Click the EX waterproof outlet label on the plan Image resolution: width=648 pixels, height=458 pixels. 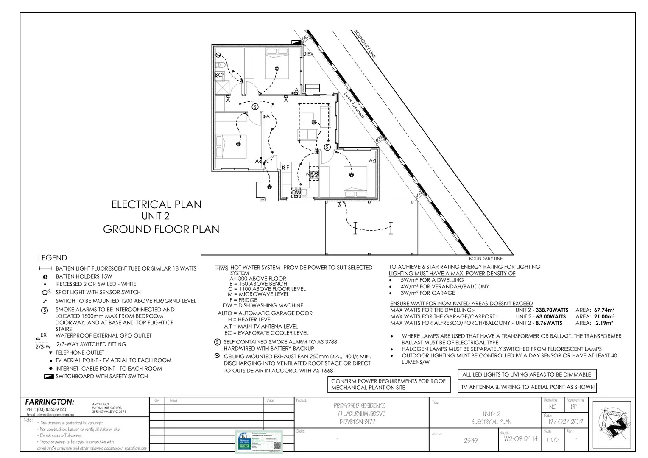(x=310, y=54)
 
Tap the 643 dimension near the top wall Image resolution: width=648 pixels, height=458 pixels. (x=304, y=39)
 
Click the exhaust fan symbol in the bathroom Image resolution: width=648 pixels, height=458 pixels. (x=218, y=55)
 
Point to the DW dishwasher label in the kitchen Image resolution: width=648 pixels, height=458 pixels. (x=297, y=193)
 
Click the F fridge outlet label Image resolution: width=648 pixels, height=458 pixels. (x=287, y=168)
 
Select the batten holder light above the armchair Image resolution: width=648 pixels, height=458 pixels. (x=314, y=122)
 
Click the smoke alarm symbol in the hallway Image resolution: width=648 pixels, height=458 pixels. (x=255, y=107)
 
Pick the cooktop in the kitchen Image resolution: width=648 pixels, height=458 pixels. (x=314, y=173)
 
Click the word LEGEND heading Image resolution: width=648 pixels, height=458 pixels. (x=52, y=258)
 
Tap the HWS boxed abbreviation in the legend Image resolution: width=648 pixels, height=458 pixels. (x=221, y=268)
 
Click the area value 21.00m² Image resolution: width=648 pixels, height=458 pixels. (x=604, y=316)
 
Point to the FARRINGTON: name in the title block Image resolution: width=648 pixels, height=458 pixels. (x=49, y=402)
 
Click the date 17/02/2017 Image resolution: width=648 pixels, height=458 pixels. (x=565, y=422)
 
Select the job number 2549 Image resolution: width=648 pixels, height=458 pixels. (x=470, y=441)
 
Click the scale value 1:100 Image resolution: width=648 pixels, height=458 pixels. (x=552, y=440)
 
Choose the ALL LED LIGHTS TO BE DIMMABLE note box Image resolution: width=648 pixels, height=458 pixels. (x=527, y=374)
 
